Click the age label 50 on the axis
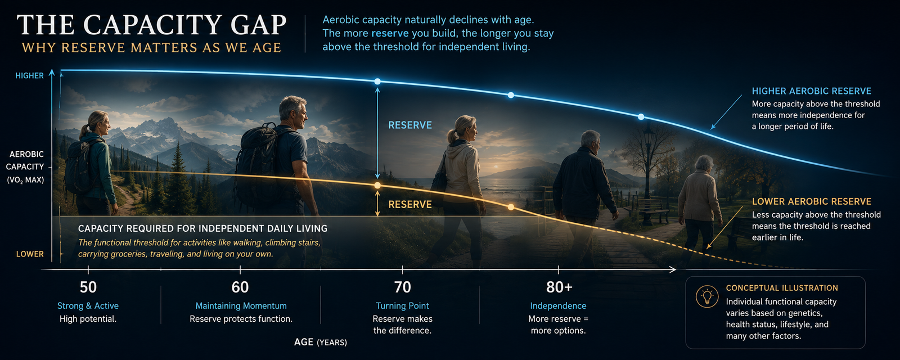click(x=88, y=287)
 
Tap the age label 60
click(x=240, y=287)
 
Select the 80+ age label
click(x=559, y=287)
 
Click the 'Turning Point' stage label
click(x=402, y=306)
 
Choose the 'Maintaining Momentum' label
click(x=241, y=306)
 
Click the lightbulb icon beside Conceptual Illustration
click(x=706, y=297)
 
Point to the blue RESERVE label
click(x=410, y=125)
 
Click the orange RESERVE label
click(x=410, y=205)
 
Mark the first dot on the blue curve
click(x=377, y=82)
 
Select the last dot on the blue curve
click(x=641, y=117)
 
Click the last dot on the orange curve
click(x=511, y=208)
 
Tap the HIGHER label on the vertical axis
click(x=29, y=75)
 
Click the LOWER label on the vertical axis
click(x=30, y=254)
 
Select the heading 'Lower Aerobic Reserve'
click(x=812, y=202)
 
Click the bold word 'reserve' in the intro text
click(x=390, y=33)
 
